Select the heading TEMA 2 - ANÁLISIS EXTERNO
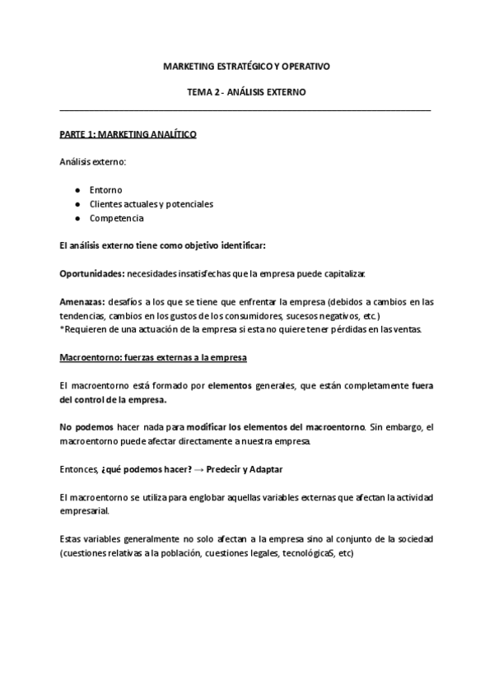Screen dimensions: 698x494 pyautogui.click(x=246, y=92)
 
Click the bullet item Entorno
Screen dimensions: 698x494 pyautogui.click(x=105, y=189)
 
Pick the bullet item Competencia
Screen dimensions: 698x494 pyautogui.click(x=117, y=218)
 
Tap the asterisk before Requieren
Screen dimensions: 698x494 pyautogui.click(x=62, y=330)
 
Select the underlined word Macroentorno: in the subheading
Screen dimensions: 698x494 pyautogui.click(x=89, y=358)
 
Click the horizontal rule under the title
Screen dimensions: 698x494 pyautogui.click(x=246, y=109)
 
